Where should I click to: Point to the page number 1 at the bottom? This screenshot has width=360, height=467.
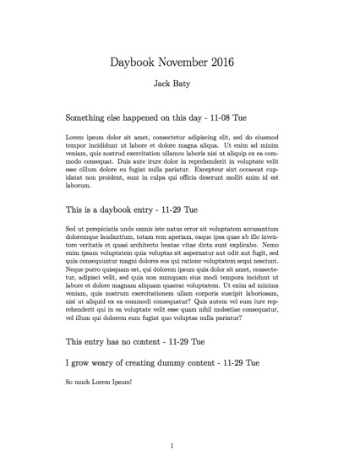pos(172,445)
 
